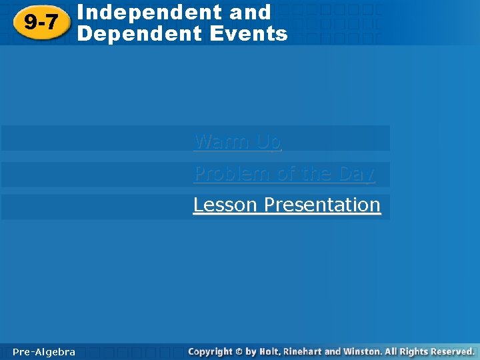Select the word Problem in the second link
231,173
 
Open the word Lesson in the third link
225,205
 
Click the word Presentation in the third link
322,205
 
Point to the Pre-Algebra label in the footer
44,352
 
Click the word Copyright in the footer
210,351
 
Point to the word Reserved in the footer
453,351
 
